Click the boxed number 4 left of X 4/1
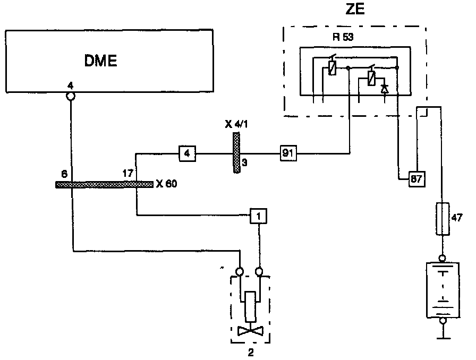(187, 154)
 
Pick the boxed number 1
(258, 216)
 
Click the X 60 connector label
(166, 185)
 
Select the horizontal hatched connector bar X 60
(104, 185)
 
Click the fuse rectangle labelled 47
(441, 219)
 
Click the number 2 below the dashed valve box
(250, 351)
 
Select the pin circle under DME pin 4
(70, 97)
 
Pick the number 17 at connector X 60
(128, 173)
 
